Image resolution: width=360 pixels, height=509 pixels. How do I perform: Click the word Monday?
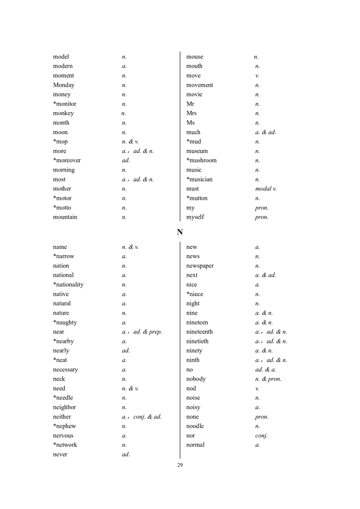(63, 85)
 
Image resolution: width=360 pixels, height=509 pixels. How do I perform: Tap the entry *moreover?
(67, 161)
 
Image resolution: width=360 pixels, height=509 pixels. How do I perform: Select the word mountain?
(65, 217)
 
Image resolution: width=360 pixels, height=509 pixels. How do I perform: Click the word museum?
(197, 151)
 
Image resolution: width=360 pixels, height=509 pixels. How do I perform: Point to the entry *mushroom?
(201, 161)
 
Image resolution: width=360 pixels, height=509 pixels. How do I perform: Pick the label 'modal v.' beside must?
(266, 189)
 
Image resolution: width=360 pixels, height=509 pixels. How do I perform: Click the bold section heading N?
(180, 232)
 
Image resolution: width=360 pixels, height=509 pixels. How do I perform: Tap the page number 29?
(180, 465)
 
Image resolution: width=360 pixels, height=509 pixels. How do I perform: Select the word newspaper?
(200, 266)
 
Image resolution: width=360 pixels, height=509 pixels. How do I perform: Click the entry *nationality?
(68, 285)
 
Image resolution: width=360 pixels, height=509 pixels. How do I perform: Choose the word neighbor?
(64, 407)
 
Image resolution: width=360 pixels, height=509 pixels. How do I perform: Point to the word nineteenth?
(199, 332)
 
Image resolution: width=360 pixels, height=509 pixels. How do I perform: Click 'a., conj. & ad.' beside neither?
(141, 417)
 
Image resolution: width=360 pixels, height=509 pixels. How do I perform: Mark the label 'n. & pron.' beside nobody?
(268, 379)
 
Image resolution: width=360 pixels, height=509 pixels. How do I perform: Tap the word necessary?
(65, 370)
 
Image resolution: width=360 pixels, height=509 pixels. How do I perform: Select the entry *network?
(65, 445)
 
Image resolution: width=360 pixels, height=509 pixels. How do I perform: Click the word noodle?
(195, 426)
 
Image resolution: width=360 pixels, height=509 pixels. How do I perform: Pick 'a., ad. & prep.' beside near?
(142, 332)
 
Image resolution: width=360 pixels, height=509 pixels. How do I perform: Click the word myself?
(195, 217)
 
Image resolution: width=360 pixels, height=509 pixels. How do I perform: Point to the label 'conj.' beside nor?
(262, 436)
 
